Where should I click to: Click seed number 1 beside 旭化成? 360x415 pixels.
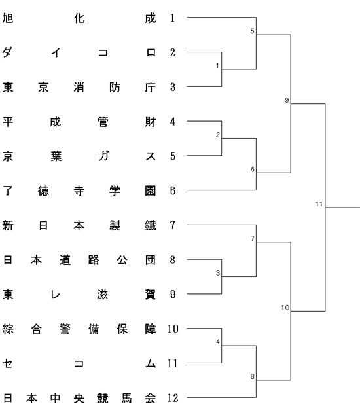click(173, 18)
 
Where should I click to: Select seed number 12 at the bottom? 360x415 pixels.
click(173, 398)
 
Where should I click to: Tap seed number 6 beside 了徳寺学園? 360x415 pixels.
click(173, 190)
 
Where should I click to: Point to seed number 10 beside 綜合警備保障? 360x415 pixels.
click(173, 329)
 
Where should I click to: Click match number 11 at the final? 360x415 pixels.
click(319, 204)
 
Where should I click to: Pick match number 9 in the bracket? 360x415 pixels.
click(287, 100)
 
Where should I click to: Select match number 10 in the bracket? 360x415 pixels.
click(285, 307)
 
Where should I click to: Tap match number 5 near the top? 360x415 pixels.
click(252, 31)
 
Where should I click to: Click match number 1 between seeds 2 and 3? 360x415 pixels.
click(217, 65)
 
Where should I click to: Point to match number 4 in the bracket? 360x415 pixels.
click(218, 342)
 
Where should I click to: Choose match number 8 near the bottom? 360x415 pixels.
click(252, 376)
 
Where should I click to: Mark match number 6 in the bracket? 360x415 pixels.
click(252, 169)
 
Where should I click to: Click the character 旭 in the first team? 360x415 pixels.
click(8, 18)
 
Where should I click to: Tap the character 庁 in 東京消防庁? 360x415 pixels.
click(151, 87)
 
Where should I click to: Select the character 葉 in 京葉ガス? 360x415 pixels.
click(56, 156)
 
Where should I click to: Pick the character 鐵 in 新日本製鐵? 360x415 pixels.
click(151, 225)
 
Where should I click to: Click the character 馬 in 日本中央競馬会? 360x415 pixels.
click(126, 398)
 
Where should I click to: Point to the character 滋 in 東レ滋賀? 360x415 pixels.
click(103, 295)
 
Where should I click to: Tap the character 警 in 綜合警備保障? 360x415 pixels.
click(65, 329)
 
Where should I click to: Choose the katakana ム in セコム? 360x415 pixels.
click(151, 363)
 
